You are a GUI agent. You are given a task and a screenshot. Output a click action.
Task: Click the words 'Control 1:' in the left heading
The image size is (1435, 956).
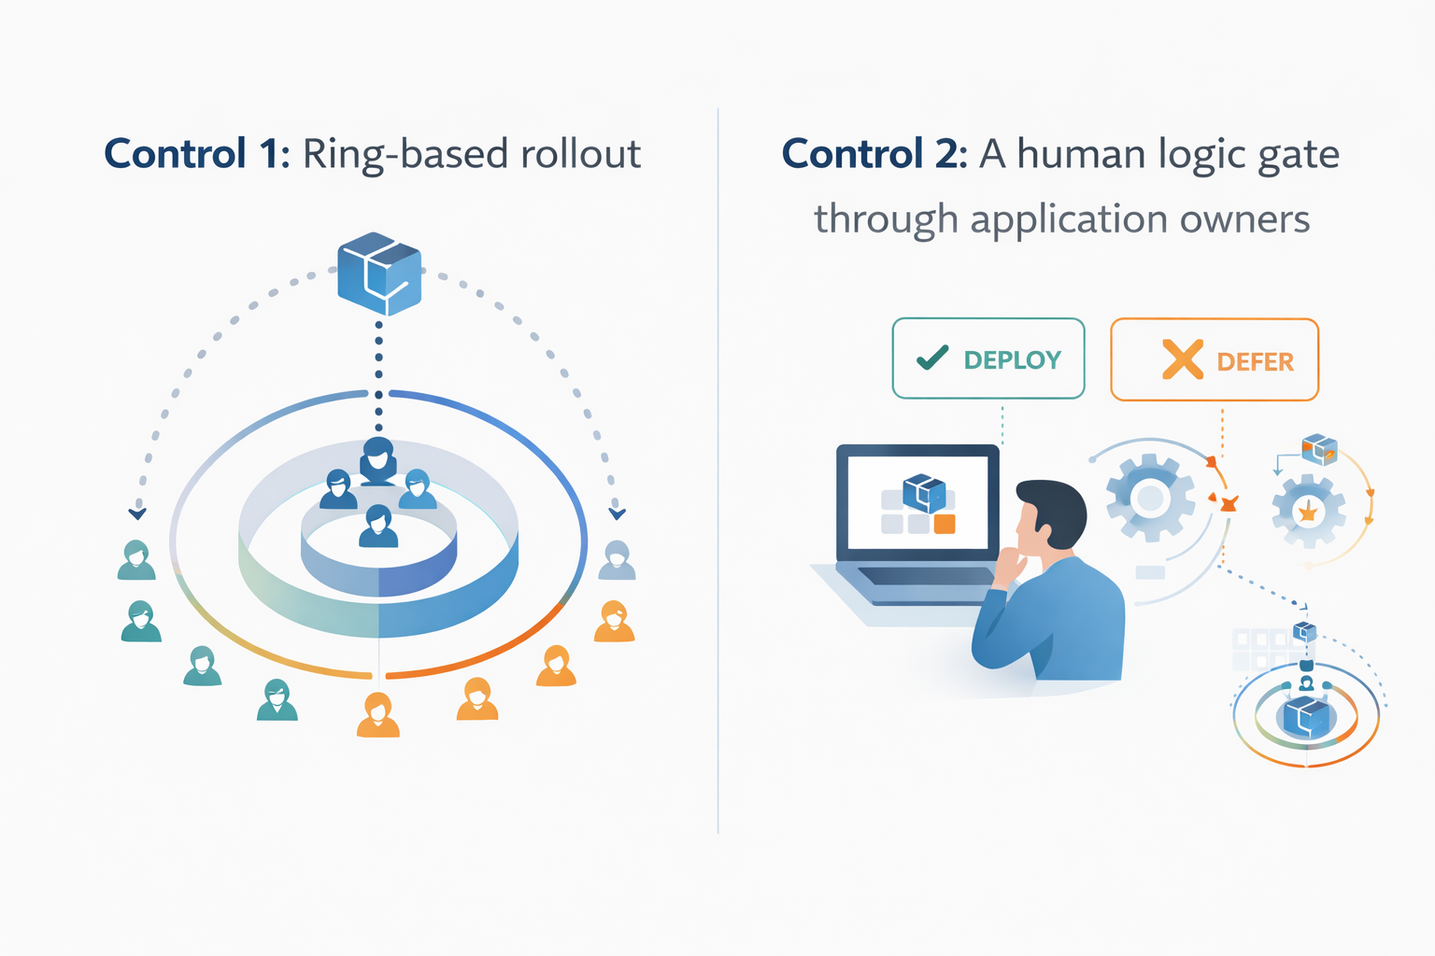(x=197, y=154)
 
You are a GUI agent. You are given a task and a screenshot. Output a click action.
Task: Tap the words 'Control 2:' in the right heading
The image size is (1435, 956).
(x=874, y=154)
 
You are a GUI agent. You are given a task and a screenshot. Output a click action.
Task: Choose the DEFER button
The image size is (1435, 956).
(x=1214, y=360)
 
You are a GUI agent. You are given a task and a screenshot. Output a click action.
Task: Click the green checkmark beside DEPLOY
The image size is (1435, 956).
(x=932, y=358)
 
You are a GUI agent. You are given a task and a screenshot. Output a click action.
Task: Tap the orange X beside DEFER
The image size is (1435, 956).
(x=1182, y=359)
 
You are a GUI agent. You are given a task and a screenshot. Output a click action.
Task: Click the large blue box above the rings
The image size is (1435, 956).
(x=379, y=273)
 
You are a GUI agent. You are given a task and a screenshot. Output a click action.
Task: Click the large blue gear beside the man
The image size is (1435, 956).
(x=1150, y=499)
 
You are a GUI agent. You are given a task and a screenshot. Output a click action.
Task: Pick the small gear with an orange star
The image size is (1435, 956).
(x=1308, y=512)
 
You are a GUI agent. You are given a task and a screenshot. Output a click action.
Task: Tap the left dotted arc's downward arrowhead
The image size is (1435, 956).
(x=137, y=513)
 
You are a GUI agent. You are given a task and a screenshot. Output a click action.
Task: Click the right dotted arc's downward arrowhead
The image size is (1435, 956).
(x=617, y=513)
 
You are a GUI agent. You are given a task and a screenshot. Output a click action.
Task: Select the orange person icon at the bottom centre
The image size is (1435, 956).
(x=378, y=715)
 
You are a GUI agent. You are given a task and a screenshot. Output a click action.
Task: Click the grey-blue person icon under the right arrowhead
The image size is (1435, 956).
(x=617, y=560)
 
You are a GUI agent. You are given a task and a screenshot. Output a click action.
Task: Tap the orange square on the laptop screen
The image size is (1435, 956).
(x=945, y=524)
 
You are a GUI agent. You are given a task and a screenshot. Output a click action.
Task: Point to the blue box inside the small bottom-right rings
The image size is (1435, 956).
(x=1306, y=717)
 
